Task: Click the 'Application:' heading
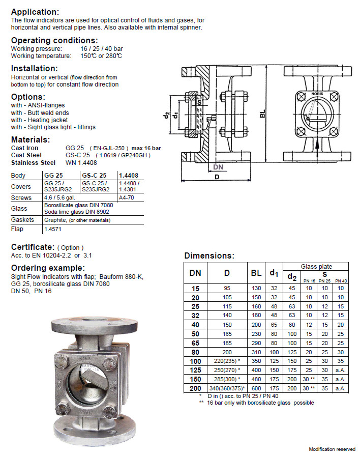click(x=35, y=12)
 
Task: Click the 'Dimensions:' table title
click(x=209, y=255)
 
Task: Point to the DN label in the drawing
click(x=218, y=167)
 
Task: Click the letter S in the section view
click(x=199, y=102)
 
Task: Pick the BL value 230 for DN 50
click(x=256, y=333)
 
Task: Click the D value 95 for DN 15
click(x=227, y=288)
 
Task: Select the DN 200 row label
click(x=195, y=388)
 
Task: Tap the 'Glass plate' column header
click(x=316, y=266)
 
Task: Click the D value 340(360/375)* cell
click(x=227, y=388)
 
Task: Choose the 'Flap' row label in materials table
click(x=18, y=230)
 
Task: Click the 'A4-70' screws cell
click(x=126, y=197)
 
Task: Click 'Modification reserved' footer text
click(x=332, y=449)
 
